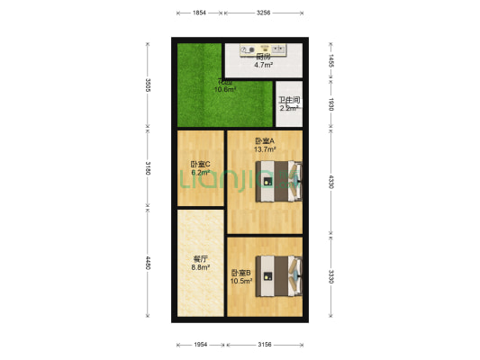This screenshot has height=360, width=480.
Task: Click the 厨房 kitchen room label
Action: pyautogui.click(x=263, y=57)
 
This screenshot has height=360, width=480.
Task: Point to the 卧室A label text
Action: pyautogui.click(x=265, y=141)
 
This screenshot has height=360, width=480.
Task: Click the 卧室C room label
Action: pyautogui.click(x=200, y=165)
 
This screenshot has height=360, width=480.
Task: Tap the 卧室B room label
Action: pyautogui.click(x=241, y=273)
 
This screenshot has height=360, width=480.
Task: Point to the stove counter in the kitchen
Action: pyautogui.click(x=263, y=47)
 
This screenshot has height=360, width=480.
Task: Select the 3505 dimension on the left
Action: pyautogui.click(x=148, y=86)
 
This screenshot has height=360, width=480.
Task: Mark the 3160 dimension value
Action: pyautogui.click(x=148, y=169)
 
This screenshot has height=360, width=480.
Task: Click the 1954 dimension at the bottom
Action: pyautogui.click(x=200, y=345)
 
